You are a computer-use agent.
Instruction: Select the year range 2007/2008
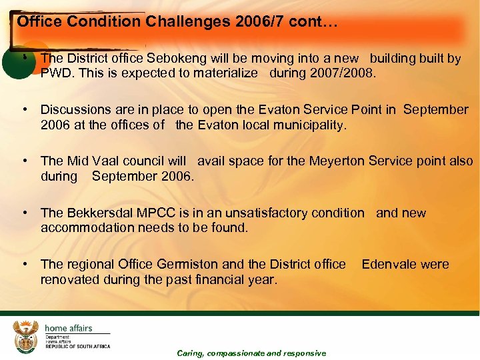(x=342, y=73)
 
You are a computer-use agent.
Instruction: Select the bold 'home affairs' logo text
(x=68, y=328)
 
